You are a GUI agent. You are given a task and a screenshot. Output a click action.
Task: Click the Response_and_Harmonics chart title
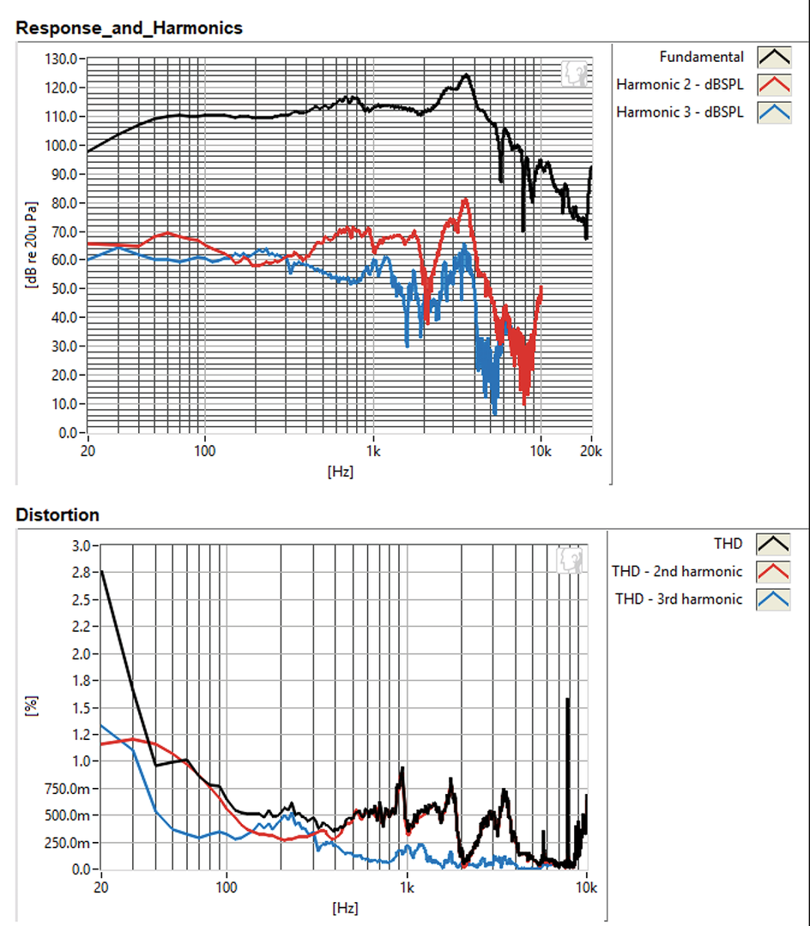coord(129,27)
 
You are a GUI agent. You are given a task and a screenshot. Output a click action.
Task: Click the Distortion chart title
coord(57,515)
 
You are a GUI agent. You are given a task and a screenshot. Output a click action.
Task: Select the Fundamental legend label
coord(701,57)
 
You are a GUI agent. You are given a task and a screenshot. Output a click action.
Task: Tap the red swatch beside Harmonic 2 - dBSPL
coord(774,85)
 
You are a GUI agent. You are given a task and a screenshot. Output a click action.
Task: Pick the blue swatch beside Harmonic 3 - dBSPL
coord(774,112)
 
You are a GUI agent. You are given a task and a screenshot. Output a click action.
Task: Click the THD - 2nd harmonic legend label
coord(676,571)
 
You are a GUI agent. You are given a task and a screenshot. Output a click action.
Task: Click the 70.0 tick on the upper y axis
coord(65,231)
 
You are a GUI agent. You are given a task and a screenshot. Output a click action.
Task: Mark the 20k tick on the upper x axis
coord(591,450)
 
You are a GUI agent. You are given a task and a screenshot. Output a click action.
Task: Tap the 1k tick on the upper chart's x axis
coord(372,450)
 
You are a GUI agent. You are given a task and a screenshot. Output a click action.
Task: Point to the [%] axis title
coord(32,707)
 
